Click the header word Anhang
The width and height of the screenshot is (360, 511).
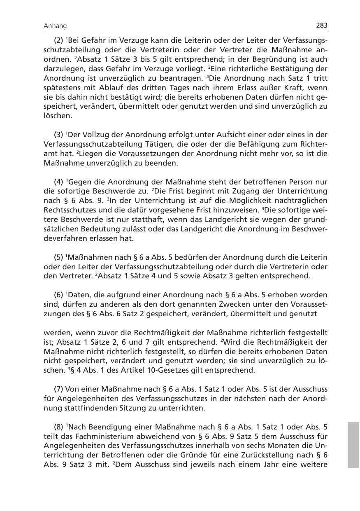coord(55,26)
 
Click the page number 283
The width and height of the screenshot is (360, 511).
coord(321,26)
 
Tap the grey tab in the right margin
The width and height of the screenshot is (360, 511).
coord(353,444)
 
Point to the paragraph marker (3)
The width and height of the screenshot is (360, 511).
coord(59,135)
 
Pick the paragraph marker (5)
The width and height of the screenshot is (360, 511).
coord(59,257)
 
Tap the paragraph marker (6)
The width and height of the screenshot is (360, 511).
coord(59,295)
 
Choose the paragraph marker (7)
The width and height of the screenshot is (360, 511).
coord(59,390)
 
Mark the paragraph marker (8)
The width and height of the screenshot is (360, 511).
coord(59,427)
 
